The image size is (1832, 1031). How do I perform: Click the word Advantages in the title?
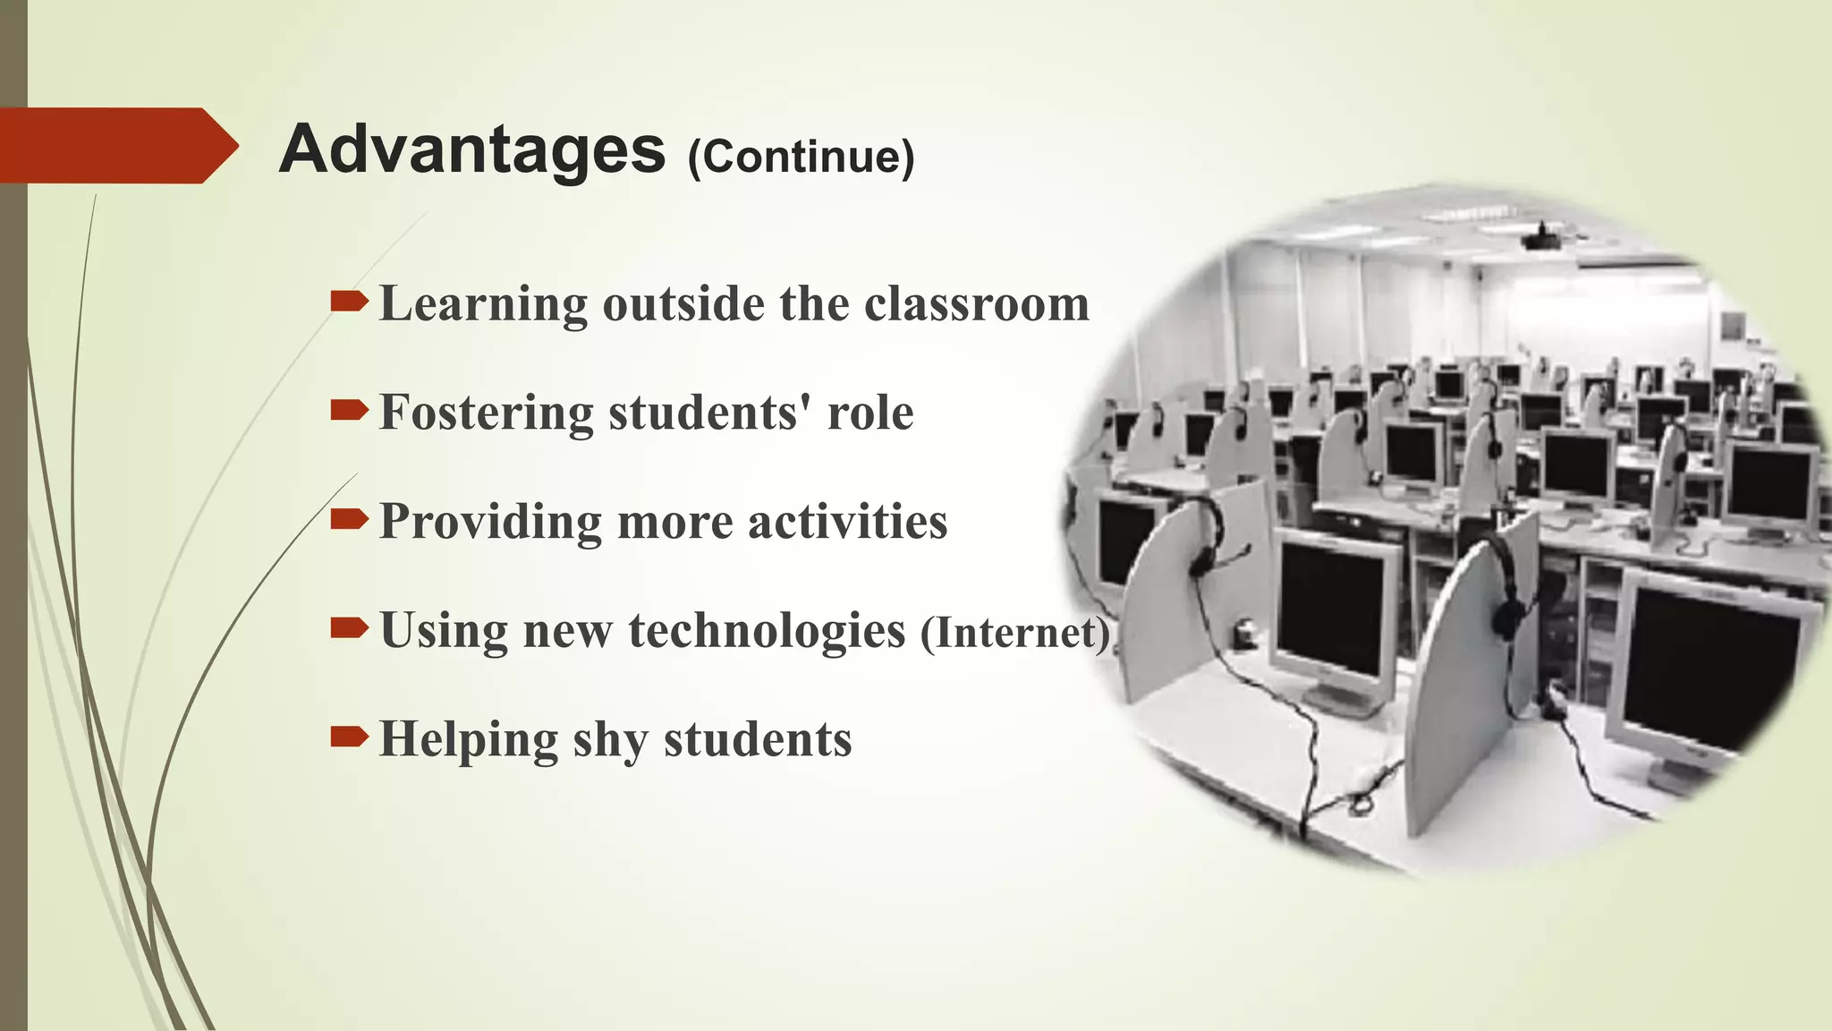pyautogui.click(x=471, y=149)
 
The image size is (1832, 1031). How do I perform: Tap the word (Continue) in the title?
pyautogui.click(x=801, y=157)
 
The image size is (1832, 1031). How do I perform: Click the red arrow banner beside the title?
pyautogui.click(x=116, y=145)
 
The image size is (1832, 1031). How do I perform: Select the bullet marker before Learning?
pyautogui.click(x=348, y=302)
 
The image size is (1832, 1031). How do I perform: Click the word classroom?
pyautogui.click(x=977, y=304)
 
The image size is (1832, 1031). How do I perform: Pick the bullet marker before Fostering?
pyautogui.click(x=348, y=411)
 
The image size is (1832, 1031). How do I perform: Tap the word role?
pyautogui.click(x=869, y=413)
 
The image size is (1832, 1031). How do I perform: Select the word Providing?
pyautogui.click(x=490, y=523)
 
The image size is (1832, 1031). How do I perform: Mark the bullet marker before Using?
pyautogui.click(x=348, y=628)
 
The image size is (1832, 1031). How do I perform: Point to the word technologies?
pyautogui.click(x=767, y=632)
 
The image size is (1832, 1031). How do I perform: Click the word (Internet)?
pyautogui.click(x=1015, y=634)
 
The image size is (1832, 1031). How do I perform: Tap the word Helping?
pyautogui.click(x=469, y=740)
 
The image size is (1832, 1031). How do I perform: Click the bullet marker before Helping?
pyautogui.click(x=348, y=737)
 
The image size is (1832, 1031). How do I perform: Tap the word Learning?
pyautogui.click(x=483, y=305)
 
